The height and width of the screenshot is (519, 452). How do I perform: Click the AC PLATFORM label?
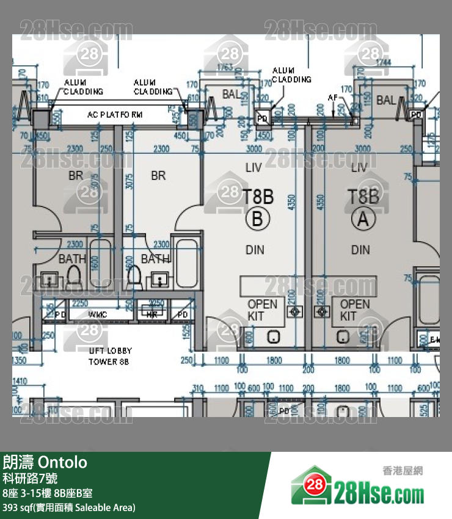click(115, 114)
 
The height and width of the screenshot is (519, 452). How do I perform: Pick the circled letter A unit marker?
click(363, 219)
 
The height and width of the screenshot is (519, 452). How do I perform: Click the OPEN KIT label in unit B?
click(262, 310)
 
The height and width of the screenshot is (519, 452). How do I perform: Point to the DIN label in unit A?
click(360, 250)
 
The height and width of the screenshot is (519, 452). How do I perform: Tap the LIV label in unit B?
click(253, 167)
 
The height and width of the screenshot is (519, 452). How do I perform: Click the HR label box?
click(152, 314)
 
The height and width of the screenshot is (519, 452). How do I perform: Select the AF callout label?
click(333, 98)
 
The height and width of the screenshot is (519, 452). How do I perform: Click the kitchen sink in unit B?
click(274, 336)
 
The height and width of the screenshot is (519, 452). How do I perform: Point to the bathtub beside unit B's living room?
click(187, 263)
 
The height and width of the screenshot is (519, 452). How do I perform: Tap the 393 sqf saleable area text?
click(69, 507)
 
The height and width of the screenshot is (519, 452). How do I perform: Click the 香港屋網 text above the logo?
click(403, 471)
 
